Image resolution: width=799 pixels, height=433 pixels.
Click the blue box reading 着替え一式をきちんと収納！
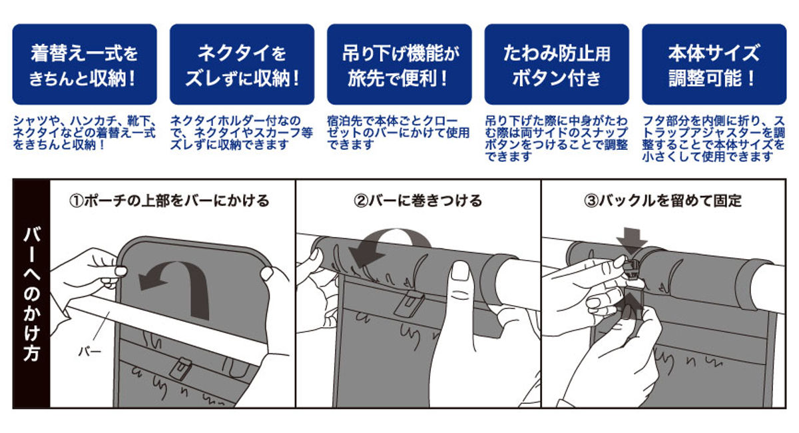pyautogui.click(x=85, y=65)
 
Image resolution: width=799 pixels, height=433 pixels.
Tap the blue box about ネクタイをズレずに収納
pyautogui.click(x=242, y=65)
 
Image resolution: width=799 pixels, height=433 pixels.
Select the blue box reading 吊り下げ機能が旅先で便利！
pyautogui.click(x=399, y=65)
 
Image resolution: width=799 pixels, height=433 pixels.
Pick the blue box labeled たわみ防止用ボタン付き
pyautogui.click(x=556, y=65)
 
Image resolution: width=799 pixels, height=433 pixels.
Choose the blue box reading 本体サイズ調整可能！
pyautogui.click(x=713, y=65)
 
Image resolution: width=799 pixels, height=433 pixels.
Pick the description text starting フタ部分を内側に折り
pyautogui.click(x=713, y=138)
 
